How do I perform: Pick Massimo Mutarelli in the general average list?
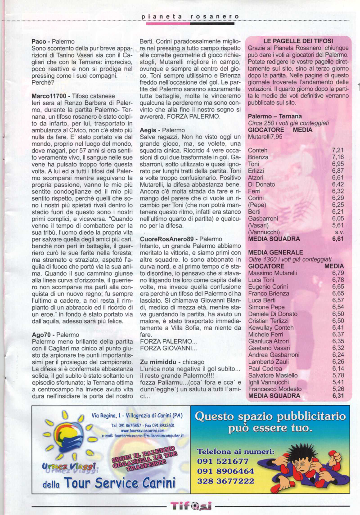click(272, 273)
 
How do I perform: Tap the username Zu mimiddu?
click(159, 362)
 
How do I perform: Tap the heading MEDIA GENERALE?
click(275, 253)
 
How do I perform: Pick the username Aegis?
click(148, 130)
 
